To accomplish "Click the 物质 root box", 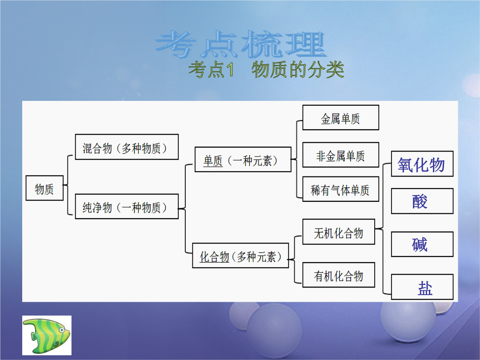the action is pyautogui.click(x=44, y=188).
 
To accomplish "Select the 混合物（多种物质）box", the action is pyautogui.click(x=127, y=147).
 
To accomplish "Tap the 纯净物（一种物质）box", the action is pyautogui.click(x=127, y=206).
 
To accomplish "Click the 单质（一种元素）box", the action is pyautogui.click(x=243, y=160).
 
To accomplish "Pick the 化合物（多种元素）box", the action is pyautogui.click(x=240, y=256).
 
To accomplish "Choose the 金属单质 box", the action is pyautogui.click(x=341, y=117).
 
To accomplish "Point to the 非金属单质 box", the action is pyautogui.click(x=341, y=155).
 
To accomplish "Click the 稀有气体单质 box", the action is pyautogui.click(x=341, y=189).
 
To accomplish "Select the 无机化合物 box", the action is pyautogui.click(x=339, y=232).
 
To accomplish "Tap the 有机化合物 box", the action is pyautogui.click(x=339, y=275).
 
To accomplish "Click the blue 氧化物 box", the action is pyautogui.click(x=422, y=164).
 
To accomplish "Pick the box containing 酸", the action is pyautogui.click(x=422, y=201).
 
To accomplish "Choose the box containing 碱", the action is pyautogui.click(x=422, y=244).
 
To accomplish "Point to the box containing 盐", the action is pyautogui.click(x=422, y=287).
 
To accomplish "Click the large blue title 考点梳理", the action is pyautogui.click(x=240, y=44).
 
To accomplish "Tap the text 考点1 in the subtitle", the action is pyautogui.click(x=211, y=69).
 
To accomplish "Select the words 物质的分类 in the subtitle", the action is pyautogui.click(x=298, y=69).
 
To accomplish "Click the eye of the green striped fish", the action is pyautogui.click(x=62, y=330).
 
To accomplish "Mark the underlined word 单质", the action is pyautogui.click(x=213, y=161).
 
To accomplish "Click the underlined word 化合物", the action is pyautogui.click(x=214, y=256).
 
